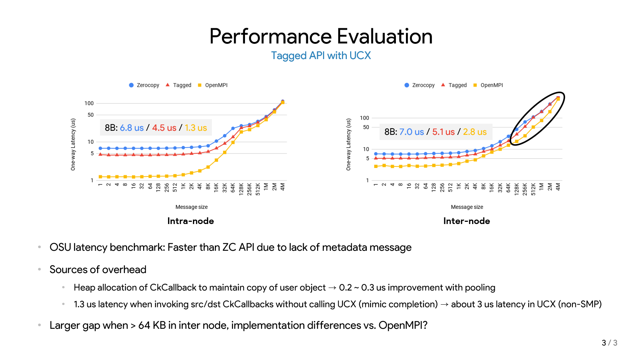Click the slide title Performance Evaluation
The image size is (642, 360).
pyautogui.click(x=321, y=36)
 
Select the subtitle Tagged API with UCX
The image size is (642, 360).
pyautogui.click(x=321, y=56)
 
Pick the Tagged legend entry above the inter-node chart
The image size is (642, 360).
pyautogui.click(x=454, y=85)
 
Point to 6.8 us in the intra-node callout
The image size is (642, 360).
pyautogui.click(x=132, y=128)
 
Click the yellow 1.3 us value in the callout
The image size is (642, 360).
pyautogui.click(x=196, y=128)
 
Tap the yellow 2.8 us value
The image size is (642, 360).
pyautogui.click(x=474, y=132)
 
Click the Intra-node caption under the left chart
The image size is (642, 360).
pyautogui.click(x=190, y=221)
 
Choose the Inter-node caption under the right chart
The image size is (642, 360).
pyautogui.click(x=466, y=221)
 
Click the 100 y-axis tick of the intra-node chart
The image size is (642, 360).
pyautogui.click(x=89, y=103)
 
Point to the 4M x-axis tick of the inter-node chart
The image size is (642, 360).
pyautogui.click(x=558, y=187)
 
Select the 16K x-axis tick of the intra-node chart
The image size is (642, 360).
pyautogui.click(x=216, y=187)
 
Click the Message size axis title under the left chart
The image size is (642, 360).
pyautogui.click(x=191, y=207)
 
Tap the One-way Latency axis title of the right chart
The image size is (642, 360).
pyautogui.click(x=348, y=145)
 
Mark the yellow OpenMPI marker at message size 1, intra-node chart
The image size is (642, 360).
pyautogui.click(x=100, y=177)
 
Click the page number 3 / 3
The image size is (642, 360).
pyautogui.click(x=609, y=343)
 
